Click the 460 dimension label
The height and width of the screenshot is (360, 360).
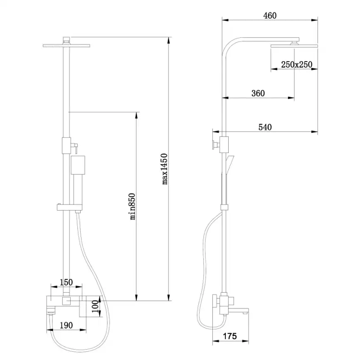(270, 15)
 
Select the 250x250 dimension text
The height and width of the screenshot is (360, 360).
(296, 65)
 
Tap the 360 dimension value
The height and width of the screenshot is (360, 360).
(258, 93)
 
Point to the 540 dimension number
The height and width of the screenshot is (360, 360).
(265, 127)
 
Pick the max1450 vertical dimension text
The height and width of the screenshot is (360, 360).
(165, 168)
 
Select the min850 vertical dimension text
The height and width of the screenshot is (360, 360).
(133, 206)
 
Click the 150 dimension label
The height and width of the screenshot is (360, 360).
(66, 282)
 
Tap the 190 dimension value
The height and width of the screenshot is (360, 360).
(66, 325)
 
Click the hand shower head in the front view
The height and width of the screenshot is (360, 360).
(78, 165)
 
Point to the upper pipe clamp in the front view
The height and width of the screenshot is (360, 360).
(66, 145)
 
